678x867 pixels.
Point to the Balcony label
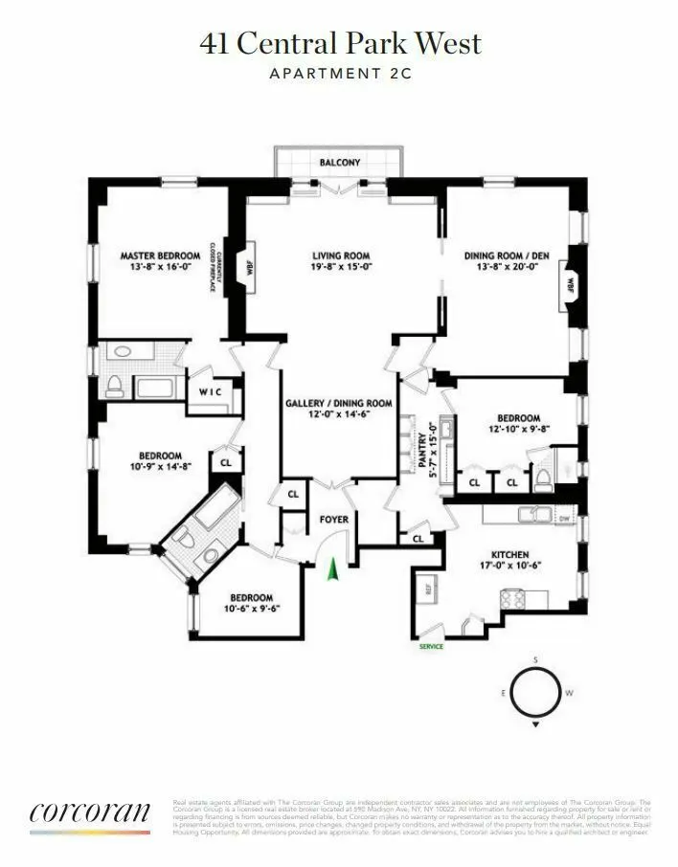(x=340, y=163)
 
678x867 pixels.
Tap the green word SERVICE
(x=432, y=647)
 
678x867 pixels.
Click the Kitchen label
(x=510, y=554)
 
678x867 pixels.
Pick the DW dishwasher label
(x=564, y=520)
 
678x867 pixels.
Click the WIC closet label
(x=210, y=393)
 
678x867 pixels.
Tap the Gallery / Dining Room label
(x=339, y=404)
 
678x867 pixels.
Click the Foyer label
(x=333, y=520)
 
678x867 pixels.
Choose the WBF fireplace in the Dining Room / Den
(x=571, y=284)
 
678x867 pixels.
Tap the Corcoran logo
(x=90, y=813)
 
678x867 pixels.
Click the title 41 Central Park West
(x=340, y=43)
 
